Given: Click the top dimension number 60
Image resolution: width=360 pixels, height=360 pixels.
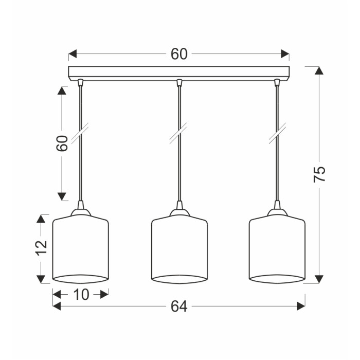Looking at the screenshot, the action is [179, 54].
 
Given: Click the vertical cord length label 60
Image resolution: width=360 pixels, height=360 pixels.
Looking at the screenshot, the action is [62, 143].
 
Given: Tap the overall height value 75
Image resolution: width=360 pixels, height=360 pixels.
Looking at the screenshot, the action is [319, 174].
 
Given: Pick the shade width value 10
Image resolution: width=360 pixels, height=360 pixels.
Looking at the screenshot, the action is [81, 295].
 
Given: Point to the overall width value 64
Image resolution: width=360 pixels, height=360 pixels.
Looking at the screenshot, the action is [179, 307].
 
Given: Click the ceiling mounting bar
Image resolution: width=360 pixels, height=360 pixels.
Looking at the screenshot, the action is [179, 74].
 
